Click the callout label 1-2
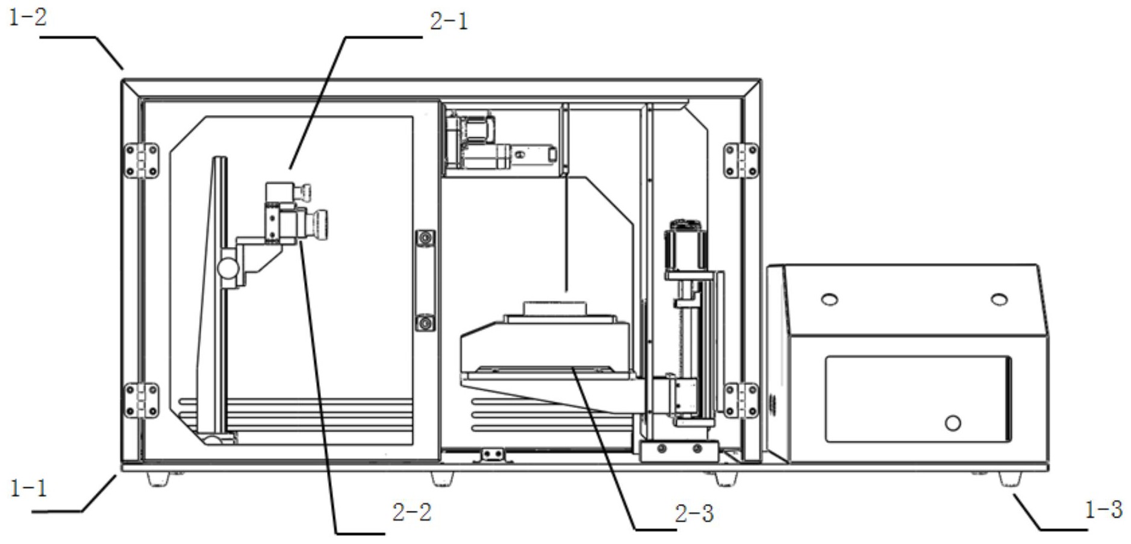point(28,17)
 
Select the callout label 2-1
point(449,22)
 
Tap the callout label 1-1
point(28,488)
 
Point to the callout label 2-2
point(412,512)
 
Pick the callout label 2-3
point(694,513)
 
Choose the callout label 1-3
point(1103,510)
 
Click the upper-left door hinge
point(142,161)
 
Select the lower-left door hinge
point(142,401)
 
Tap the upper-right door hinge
point(741,160)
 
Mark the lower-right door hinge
point(741,400)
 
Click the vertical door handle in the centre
point(425,280)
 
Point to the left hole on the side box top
point(829,299)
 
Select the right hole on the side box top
point(999,299)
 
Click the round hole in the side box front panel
point(953,423)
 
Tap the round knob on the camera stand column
point(228,267)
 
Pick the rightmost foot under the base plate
point(1010,480)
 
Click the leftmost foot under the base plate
point(158,480)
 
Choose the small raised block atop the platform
point(555,308)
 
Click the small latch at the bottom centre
point(493,454)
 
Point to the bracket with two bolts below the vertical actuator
point(679,450)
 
